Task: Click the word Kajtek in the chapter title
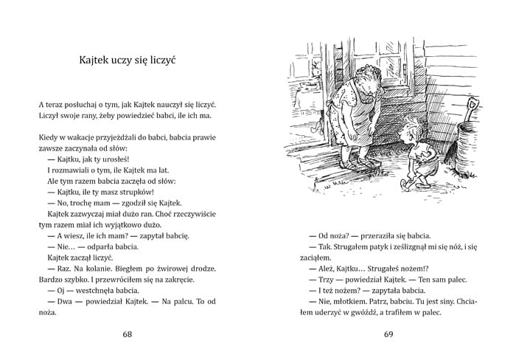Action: (x=99, y=58)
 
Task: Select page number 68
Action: (x=128, y=335)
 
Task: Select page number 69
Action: (x=391, y=335)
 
